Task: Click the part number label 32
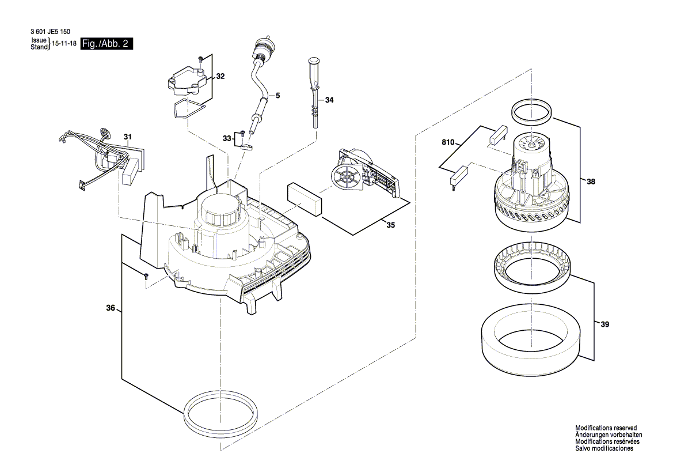tap(220, 76)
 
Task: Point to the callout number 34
tap(329, 100)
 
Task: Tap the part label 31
tap(127, 137)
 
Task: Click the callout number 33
tap(227, 138)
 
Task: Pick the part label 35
tap(390, 225)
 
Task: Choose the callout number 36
tap(111, 308)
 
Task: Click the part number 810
tap(448, 141)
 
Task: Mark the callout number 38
tap(591, 182)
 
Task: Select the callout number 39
tap(604, 325)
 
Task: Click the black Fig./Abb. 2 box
tap(107, 44)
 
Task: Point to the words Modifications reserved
tap(606, 428)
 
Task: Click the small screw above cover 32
tap(200, 59)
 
